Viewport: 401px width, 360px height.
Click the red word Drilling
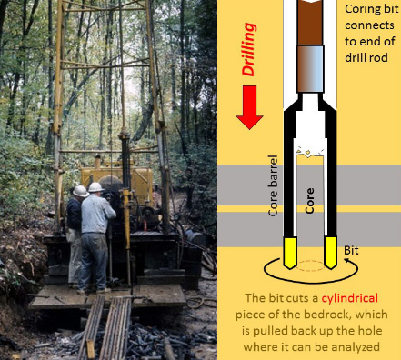point(249,50)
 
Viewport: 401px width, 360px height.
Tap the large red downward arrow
point(249,107)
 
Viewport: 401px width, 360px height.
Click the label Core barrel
point(273,185)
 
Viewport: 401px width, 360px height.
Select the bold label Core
point(309,201)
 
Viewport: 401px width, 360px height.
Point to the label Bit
point(351,251)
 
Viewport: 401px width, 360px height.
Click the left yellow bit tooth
point(289,253)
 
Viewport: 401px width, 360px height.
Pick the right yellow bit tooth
point(330,253)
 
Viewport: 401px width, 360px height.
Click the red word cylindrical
point(350,298)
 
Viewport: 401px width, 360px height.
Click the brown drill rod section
point(310,23)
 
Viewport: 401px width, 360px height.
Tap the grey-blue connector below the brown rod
point(310,69)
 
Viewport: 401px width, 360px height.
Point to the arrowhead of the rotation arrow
point(346,260)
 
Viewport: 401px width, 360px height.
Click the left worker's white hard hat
point(80,191)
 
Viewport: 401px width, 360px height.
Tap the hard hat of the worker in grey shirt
point(95,187)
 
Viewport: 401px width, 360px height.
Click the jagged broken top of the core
point(310,152)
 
